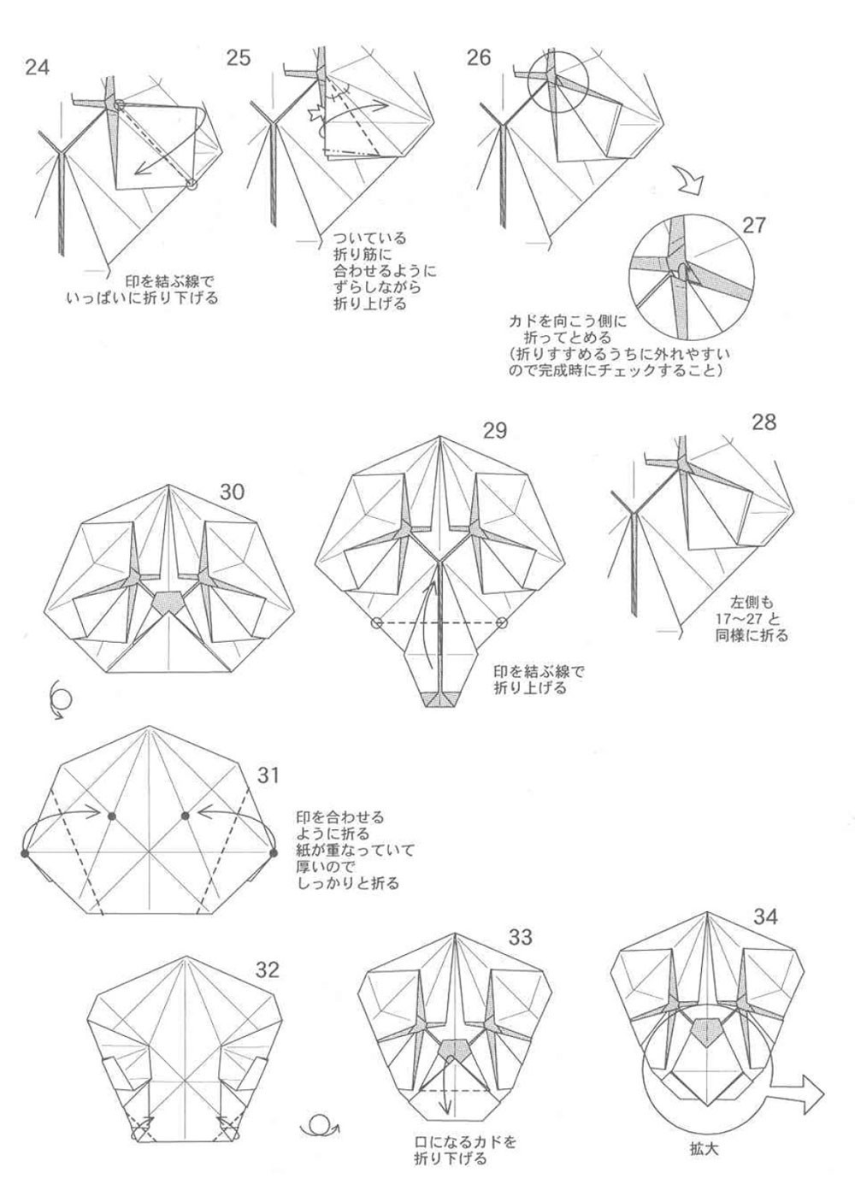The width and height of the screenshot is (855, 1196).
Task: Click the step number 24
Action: [x=37, y=67]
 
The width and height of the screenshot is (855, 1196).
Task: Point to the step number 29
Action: [x=495, y=430]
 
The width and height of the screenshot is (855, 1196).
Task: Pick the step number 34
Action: [x=765, y=916]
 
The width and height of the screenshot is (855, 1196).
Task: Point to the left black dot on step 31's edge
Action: [x=25, y=852]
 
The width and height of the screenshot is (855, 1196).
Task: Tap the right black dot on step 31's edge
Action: [x=274, y=852]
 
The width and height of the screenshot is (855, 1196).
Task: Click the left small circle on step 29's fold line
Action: [x=376, y=622]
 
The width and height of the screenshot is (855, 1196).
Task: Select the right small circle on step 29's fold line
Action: [x=501, y=622]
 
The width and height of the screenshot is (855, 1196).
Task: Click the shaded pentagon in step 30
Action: [x=168, y=603]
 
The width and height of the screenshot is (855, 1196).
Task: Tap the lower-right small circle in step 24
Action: [x=192, y=183]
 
